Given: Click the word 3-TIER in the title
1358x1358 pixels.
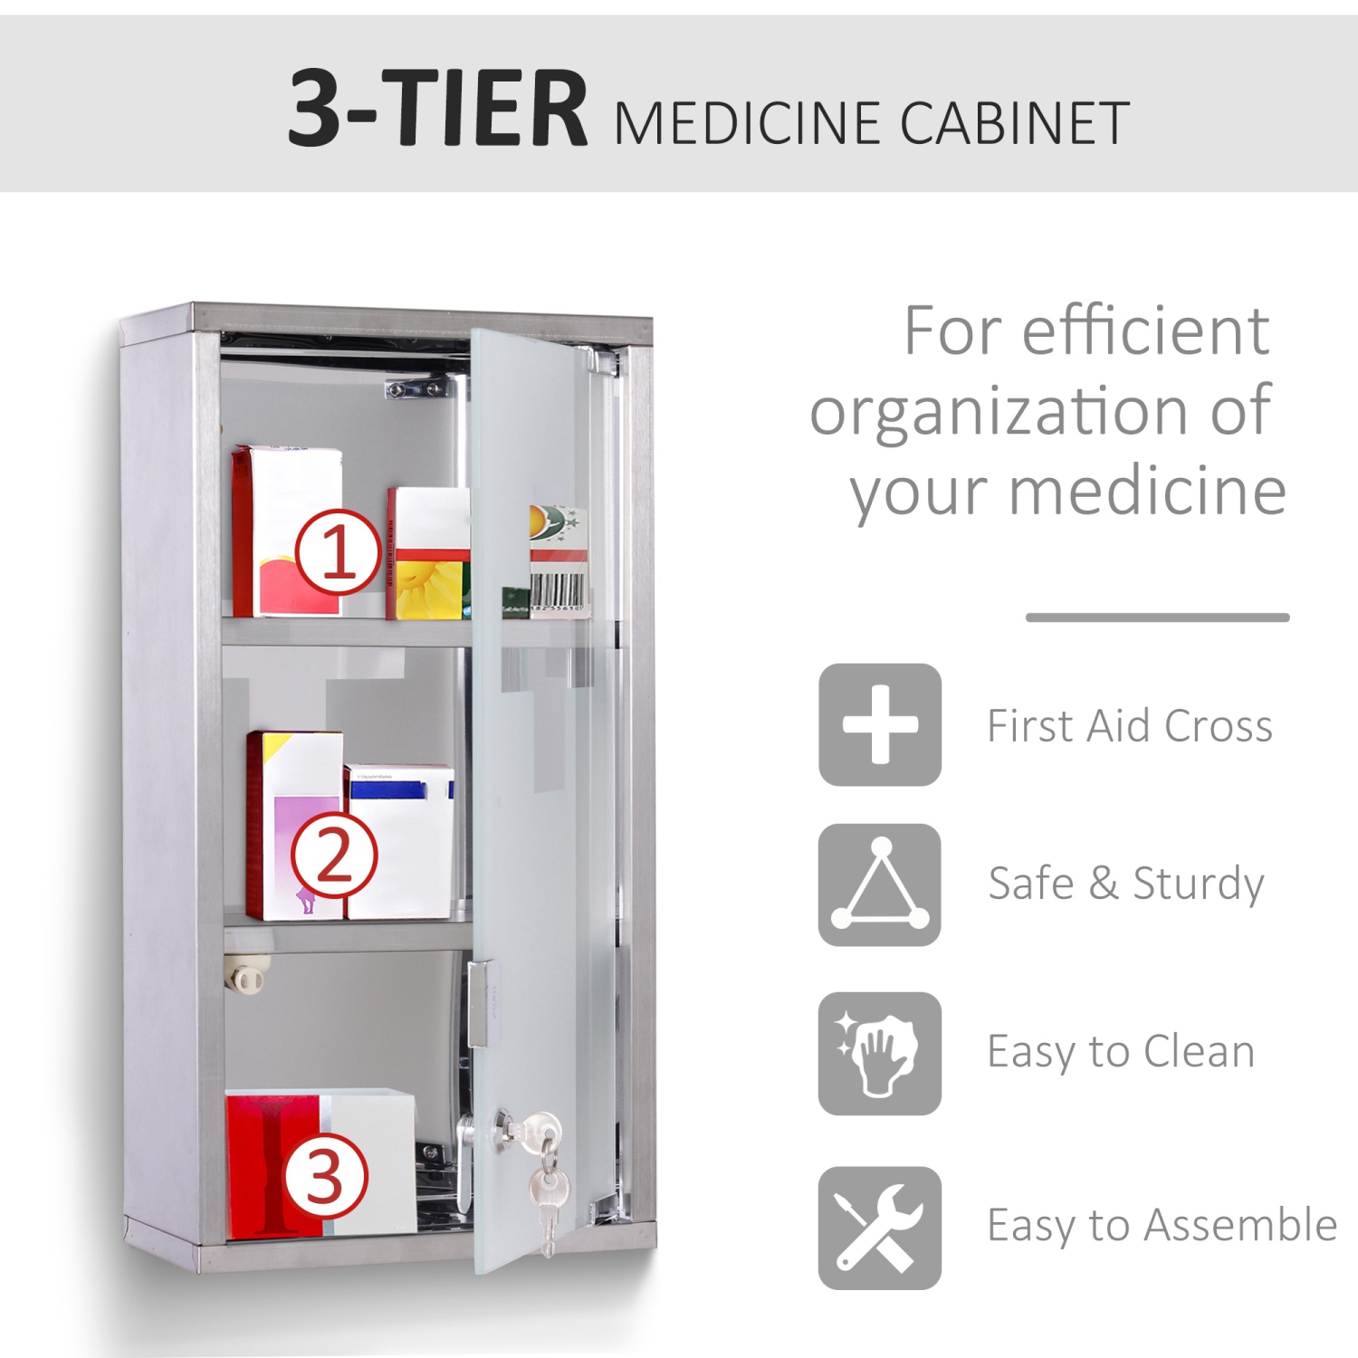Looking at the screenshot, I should pos(438,109).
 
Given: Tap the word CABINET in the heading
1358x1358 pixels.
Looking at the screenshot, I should pos(1014,123).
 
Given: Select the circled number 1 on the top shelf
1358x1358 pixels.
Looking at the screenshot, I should pos(338,551).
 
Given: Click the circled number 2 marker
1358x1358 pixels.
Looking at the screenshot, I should pos(333,855).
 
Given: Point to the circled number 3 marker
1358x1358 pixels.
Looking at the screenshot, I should pos(326,1176).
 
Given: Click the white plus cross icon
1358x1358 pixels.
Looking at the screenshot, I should pos(880,724).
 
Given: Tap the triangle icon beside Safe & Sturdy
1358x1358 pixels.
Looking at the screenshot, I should pos(880,885).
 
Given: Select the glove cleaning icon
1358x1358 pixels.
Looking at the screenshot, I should pos(880,1053).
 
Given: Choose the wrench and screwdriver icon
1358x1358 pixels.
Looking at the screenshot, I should pos(880,1228).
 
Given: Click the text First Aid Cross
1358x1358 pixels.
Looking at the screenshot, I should pos(1129,726).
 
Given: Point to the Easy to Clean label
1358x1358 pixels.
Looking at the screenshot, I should pos(1121,1052).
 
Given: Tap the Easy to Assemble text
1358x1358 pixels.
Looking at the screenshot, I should pos(1162,1226).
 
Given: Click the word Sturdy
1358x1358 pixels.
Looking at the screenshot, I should pos(1198,885).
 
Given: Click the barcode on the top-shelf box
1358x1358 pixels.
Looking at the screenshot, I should pos(559,589).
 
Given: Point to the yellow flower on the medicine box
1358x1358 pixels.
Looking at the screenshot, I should pos(429,588).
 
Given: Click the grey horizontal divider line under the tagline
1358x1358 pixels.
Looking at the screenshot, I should pos(1157,617).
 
